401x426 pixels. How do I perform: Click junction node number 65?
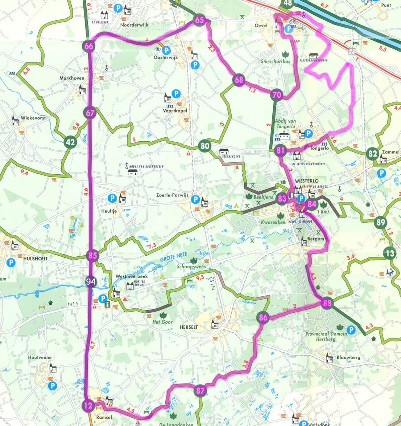point(199,20)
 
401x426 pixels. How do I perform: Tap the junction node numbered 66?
point(89,46)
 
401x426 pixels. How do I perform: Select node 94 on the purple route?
point(91,281)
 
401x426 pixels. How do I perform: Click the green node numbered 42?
point(70,142)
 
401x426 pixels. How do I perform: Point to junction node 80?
point(205,146)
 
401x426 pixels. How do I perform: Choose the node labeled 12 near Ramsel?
point(88,406)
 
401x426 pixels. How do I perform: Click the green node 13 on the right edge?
point(390,253)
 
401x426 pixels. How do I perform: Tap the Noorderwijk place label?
point(134,25)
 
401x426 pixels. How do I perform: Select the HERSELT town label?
point(189,327)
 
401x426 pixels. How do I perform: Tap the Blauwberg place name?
point(348,357)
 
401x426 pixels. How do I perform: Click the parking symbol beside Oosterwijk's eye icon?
point(166,50)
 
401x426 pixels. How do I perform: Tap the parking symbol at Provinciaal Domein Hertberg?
point(351,330)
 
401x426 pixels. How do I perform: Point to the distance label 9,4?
point(25,173)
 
